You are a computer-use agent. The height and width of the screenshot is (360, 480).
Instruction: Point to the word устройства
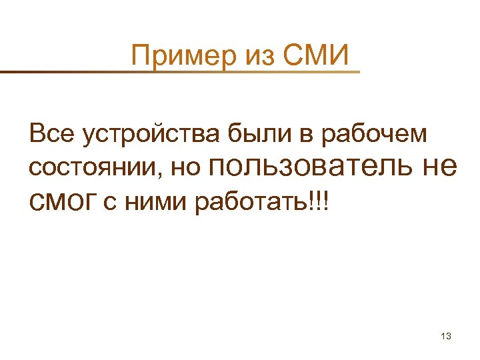coord(151,137)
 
